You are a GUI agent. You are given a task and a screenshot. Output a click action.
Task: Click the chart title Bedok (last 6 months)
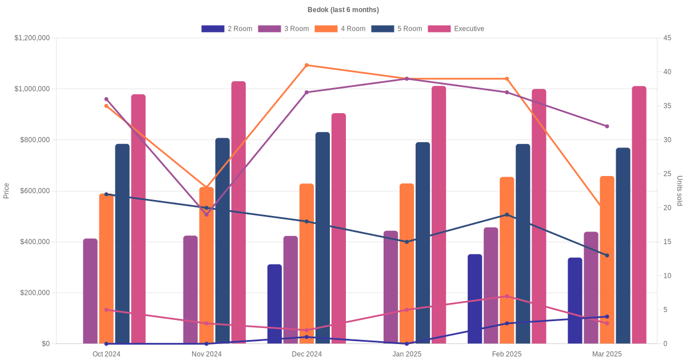click(x=343, y=10)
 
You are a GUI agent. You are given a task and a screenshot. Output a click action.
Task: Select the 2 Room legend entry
click(x=227, y=29)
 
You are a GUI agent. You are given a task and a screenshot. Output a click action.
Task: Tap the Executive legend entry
click(x=456, y=29)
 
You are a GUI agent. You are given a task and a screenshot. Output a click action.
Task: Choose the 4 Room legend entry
click(x=340, y=29)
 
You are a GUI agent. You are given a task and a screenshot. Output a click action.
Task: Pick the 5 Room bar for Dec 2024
click(x=322, y=238)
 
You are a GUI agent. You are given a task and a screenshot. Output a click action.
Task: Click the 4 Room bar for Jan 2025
click(x=406, y=263)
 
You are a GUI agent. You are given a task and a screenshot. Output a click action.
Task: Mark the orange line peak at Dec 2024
click(x=306, y=65)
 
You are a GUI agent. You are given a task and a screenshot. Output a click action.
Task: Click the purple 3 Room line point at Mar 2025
click(x=607, y=126)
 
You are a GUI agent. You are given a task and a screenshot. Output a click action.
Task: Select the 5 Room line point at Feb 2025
click(x=506, y=215)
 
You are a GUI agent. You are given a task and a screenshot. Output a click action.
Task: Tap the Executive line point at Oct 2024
click(x=106, y=310)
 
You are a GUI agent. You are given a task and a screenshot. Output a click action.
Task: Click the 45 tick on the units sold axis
click(x=667, y=38)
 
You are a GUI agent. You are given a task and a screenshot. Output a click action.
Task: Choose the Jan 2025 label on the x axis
click(x=406, y=354)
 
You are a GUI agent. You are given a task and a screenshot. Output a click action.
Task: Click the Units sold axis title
click(x=679, y=191)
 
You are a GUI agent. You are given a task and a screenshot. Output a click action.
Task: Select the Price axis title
click(x=6, y=191)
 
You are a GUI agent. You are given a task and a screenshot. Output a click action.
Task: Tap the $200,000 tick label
click(x=34, y=293)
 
